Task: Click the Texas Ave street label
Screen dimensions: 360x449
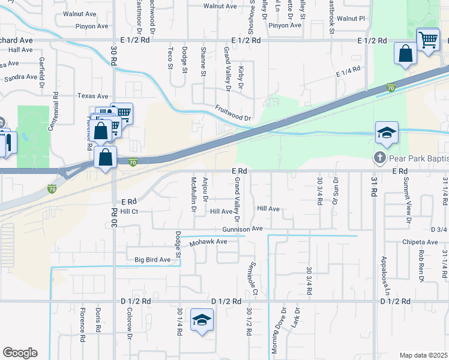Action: point(92,96)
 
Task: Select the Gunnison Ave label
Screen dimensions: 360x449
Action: point(243,229)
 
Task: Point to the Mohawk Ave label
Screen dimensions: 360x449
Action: point(208,242)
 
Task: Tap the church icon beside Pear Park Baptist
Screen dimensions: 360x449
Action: point(379,159)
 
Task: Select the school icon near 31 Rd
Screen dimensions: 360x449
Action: point(387,133)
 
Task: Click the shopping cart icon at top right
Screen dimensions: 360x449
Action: point(427,40)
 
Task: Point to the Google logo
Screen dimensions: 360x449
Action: point(20,352)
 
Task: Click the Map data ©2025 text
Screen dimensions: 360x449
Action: point(423,355)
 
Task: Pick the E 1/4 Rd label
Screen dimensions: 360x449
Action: point(348,71)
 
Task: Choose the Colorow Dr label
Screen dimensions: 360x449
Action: point(129,323)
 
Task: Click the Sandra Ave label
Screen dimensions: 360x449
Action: point(21,78)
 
